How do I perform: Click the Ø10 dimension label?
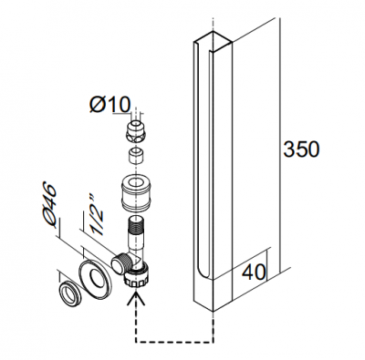coord(110,105)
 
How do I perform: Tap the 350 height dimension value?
coord(302,149)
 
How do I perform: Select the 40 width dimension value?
coord(254,273)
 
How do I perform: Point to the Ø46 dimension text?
coord(48,205)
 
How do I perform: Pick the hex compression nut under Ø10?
coord(135,132)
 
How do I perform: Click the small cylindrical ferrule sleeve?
coord(135,155)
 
